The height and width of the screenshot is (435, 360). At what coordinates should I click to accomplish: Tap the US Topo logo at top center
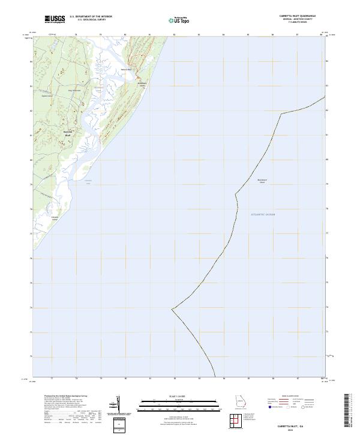click(179, 20)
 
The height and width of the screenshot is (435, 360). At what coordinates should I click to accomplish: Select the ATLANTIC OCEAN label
click(262, 214)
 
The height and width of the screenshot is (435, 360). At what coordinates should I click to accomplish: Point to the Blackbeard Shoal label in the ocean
click(262, 181)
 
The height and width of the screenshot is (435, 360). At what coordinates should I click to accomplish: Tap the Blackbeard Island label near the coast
click(142, 86)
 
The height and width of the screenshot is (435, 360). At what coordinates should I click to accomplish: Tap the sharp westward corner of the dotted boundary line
click(172, 309)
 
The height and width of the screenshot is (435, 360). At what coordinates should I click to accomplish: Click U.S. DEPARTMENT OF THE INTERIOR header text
click(91, 17)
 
